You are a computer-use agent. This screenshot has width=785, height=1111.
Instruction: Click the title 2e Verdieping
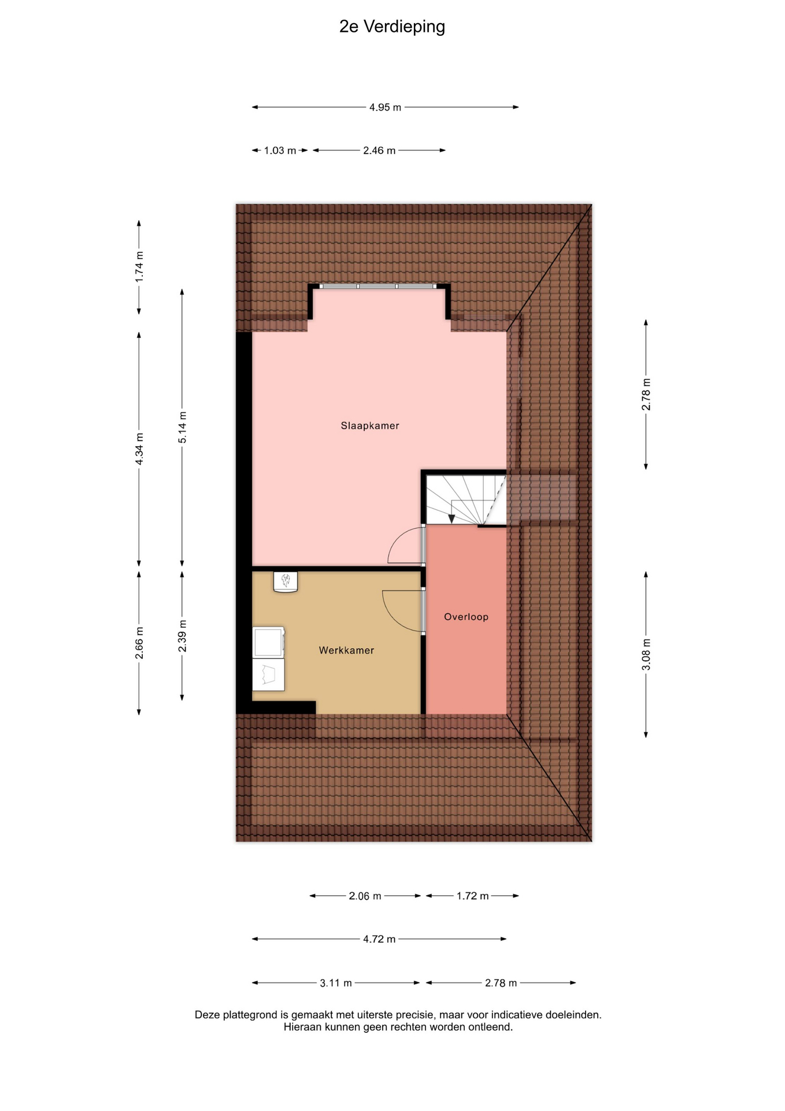click(392, 27)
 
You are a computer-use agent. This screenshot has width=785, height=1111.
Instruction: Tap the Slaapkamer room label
click(370, 426)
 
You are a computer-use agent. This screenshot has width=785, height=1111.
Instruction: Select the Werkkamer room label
click(346, 650)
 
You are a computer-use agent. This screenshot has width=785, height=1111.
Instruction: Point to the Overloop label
click(466, 617)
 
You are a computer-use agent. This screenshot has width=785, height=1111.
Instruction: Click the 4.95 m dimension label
click(385, 108)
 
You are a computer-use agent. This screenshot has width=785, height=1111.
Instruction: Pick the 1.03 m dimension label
click(280, 150)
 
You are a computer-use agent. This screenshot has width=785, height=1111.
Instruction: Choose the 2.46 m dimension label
click(379, 150)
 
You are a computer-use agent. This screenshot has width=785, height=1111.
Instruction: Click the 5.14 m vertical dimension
click(182, 428)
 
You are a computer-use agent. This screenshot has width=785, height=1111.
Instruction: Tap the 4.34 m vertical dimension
click(139, 449)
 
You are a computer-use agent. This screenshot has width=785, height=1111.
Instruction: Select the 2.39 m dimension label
click(182, 636)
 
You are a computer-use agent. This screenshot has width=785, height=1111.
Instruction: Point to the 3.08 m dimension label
click(646, 655)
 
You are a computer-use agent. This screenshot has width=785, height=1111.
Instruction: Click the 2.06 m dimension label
click(365, 896)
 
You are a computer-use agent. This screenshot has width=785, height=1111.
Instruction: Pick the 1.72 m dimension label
click(472, 896)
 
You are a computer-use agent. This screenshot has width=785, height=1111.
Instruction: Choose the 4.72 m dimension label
click(379, 939)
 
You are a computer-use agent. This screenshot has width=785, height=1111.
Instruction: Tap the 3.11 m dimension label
click(336, 983)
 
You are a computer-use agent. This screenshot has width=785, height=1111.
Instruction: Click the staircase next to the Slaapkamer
click(466, 500)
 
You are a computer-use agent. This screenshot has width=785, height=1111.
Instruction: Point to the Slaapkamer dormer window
click(378, 286)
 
